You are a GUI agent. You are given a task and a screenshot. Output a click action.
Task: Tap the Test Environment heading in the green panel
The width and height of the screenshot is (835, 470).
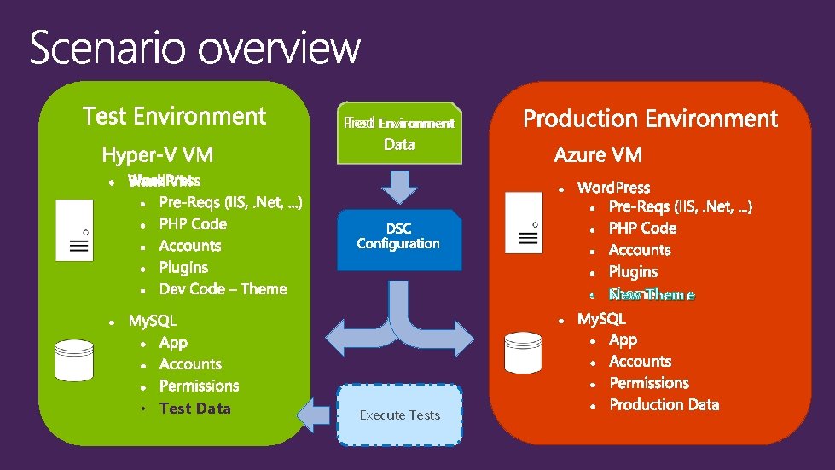[174, 115]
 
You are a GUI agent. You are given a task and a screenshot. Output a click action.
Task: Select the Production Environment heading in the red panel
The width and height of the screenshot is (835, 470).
[650, 119]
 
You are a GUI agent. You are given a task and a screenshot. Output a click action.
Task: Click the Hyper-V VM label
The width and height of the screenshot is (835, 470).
[158, 155]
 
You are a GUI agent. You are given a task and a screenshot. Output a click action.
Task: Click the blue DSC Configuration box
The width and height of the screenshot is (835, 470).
[398, 237]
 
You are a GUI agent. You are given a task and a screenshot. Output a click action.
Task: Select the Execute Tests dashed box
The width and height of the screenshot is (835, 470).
[399, 415]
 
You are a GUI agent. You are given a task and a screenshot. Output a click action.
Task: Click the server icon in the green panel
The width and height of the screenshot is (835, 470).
[75, 230]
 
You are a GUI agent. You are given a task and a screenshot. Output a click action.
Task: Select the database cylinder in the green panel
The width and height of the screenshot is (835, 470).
[73, 360]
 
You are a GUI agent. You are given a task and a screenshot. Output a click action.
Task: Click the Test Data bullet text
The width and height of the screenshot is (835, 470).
[194, 409]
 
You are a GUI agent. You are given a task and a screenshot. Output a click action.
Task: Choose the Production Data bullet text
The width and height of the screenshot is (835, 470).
[664, 405]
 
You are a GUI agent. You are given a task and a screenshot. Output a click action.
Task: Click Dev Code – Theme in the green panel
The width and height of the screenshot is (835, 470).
[223, 289]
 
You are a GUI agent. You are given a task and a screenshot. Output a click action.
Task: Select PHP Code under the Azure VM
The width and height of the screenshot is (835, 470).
[642, 229]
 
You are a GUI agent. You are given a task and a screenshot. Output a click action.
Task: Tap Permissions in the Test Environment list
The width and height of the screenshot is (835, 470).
[199, 386]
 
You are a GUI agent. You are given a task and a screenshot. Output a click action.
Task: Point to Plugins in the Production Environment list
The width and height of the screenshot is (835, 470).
[633, 272]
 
